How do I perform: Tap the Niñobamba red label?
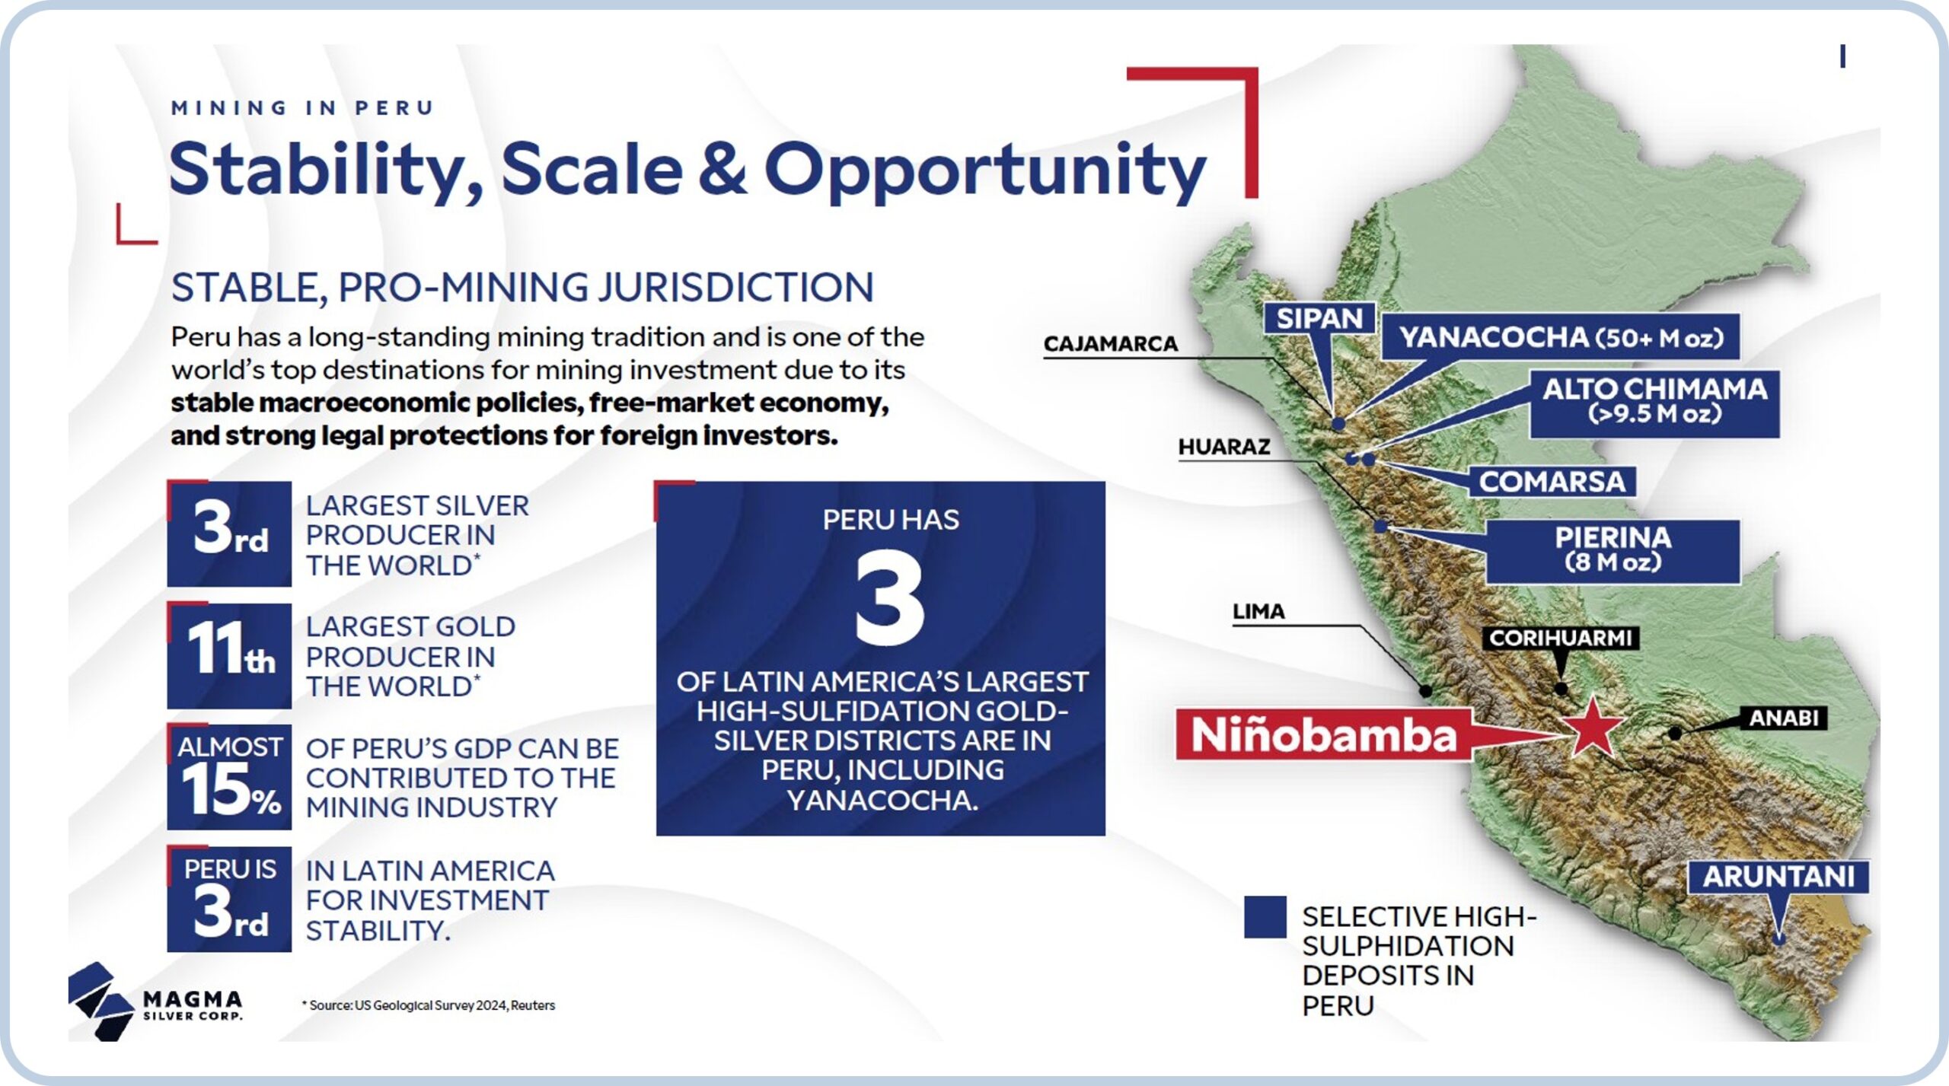coord(1323,734)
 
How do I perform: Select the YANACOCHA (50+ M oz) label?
coord(1561,336)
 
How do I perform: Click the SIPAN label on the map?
coord(1319,318)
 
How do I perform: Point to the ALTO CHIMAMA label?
coord(1654,403)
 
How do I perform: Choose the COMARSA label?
coord(1552,482)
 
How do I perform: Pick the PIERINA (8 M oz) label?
coord(1612,551)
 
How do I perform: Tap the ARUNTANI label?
coord(1778,876)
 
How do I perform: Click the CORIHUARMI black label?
coord(1560,638)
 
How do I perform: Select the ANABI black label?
coord(1784,718)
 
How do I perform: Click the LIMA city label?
coord(1258,611)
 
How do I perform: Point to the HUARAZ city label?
coord(1224,447)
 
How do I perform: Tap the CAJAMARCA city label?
coord(1110,344)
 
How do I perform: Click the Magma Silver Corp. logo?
coord(155,1002)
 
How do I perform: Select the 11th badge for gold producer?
coord(229,655)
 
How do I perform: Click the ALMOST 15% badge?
coord(229,777)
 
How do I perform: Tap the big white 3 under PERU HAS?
coord(889,598)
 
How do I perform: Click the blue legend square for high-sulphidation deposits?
coord(1265,916)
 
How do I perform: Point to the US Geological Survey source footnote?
coord(429,1005)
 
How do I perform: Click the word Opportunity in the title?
coord(985,172)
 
